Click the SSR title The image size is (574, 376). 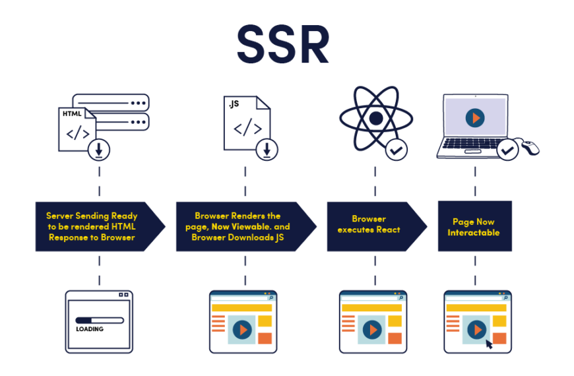(283, 45)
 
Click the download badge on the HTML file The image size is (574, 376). (99, 150)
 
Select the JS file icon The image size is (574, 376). (245, 123)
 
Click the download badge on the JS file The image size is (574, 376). (267, 149)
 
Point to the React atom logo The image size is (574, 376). (375, 119)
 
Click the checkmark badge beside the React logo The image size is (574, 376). (396, 150)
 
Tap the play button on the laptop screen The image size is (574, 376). (474, 118)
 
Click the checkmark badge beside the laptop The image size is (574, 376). (507, 150)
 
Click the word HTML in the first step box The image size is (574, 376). (123, 226)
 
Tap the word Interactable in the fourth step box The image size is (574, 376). (474, 233)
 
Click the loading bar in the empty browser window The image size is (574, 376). (99, 321)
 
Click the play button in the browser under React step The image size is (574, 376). (371, 329)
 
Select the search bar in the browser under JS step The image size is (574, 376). (241, 298)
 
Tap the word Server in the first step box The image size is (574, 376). (59, 216)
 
